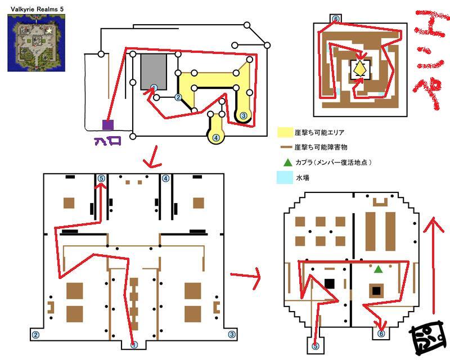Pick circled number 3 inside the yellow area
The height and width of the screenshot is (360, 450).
pos(244,115)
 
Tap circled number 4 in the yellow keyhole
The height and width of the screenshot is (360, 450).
pos(216,137)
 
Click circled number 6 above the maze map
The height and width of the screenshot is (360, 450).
pos(336,19)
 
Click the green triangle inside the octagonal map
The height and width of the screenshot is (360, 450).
pos(379,270)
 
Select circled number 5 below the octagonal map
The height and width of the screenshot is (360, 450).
pos(315,346)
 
